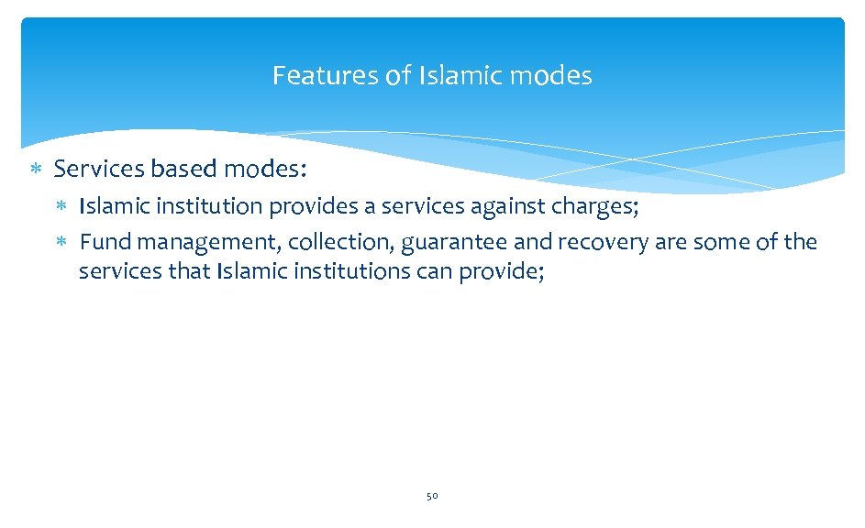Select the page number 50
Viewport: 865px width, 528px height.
(432, 496)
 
